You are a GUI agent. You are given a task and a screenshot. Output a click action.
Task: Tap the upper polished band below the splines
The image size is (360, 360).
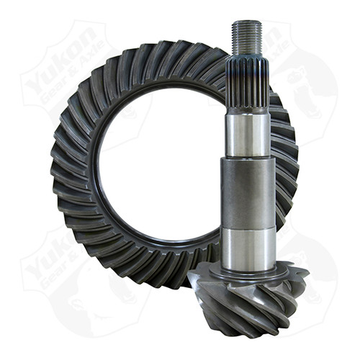[x=246, y=132]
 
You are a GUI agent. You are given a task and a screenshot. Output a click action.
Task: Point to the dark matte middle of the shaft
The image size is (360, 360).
[x=247, y=192]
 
